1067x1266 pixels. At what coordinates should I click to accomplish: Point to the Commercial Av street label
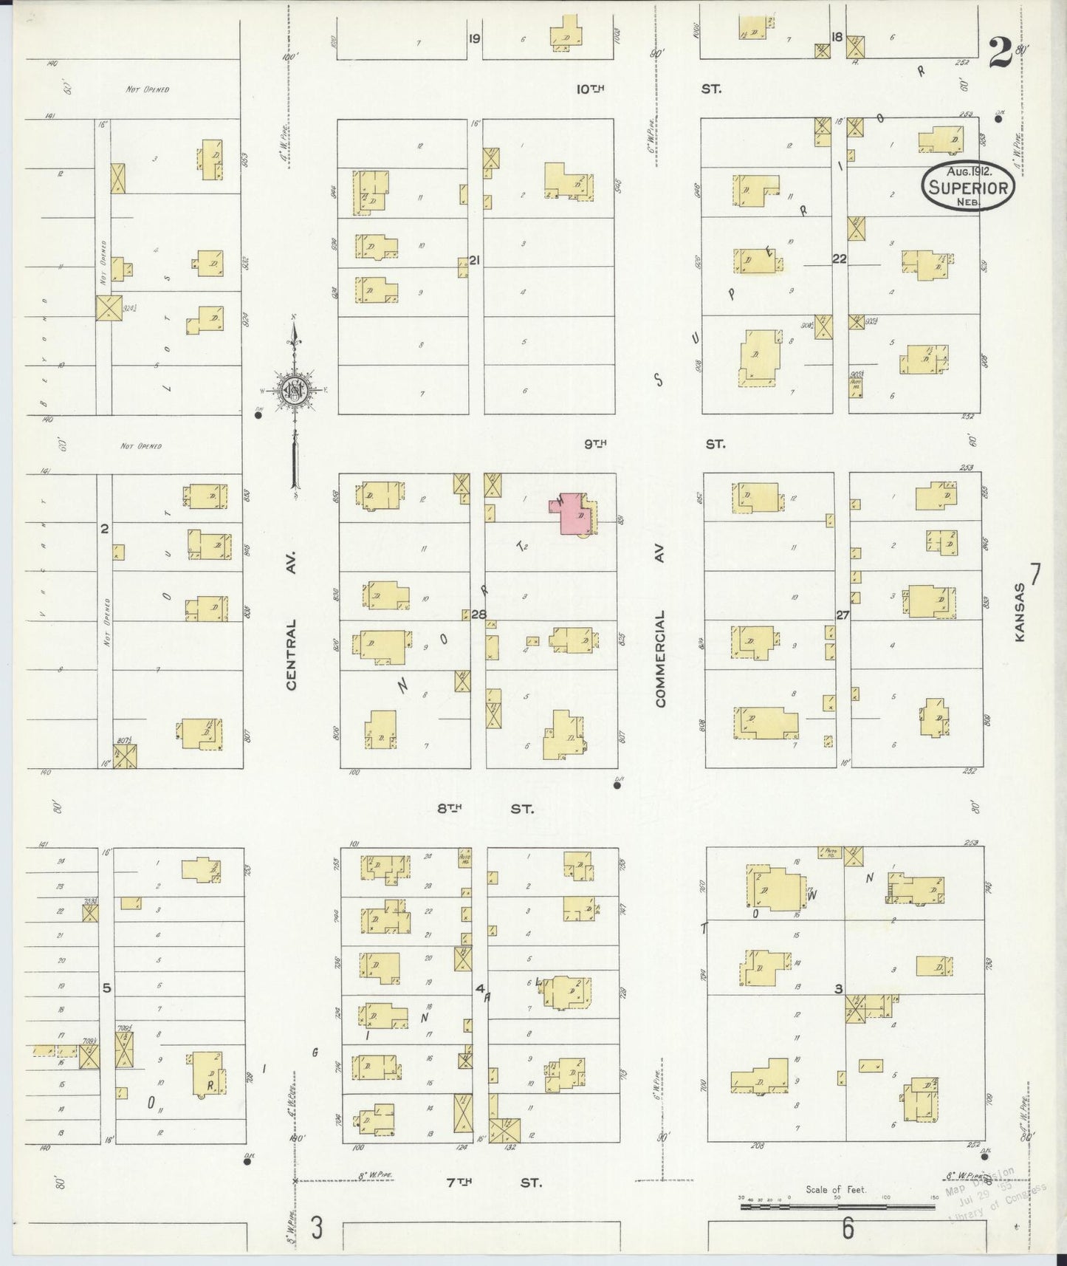[659, 658]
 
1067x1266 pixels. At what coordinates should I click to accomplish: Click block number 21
[475, 260]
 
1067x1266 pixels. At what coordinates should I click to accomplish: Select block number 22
[839, 259]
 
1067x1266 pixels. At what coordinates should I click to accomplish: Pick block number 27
[843, 615]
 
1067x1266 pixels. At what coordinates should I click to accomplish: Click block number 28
[479, 615]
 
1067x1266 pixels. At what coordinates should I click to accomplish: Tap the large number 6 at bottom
[847, 1229]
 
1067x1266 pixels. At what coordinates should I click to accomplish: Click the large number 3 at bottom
[317, 1228]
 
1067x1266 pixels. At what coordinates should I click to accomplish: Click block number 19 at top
[474, 38]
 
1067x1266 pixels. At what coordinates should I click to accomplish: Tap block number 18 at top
[837, 37]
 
